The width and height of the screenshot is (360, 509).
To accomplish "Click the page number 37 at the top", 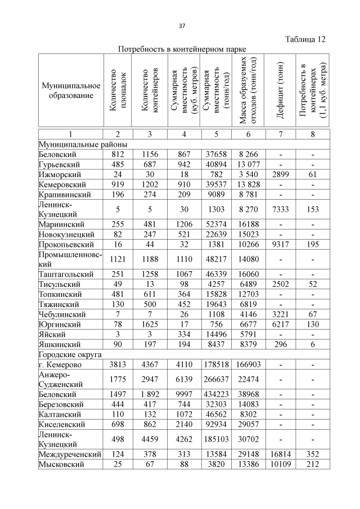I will coord(182,26).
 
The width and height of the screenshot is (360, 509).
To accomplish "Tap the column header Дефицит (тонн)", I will coord(280,91).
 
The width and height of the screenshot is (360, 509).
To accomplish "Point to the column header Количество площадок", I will coord(119,91).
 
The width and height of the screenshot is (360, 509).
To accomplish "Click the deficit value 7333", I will coord(280,209).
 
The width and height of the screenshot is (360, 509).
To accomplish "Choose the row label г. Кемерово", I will coord(62,366).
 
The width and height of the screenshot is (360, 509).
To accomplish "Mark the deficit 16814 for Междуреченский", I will coord(280,454).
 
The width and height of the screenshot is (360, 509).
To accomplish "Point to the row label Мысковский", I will coord(61,464).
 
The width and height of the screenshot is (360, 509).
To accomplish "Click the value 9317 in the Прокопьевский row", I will coord(280,245).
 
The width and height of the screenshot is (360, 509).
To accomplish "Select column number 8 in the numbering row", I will coord(312,133).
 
